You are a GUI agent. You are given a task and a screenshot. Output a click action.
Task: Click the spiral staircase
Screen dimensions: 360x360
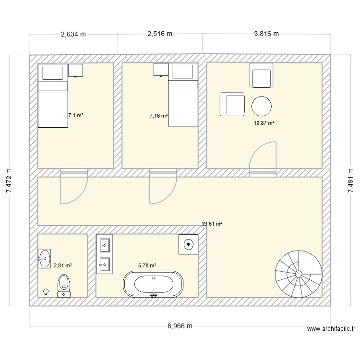[x=298, y=274]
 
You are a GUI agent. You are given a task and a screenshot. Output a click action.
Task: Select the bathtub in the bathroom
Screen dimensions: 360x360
[x=153, y=285]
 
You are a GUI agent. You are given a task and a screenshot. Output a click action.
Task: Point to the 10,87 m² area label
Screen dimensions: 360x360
[x=264, y=123]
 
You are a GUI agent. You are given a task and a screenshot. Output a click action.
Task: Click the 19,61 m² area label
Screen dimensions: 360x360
[x=212, y=224]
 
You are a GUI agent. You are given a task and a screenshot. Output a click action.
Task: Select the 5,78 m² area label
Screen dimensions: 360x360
[x=147, y=265]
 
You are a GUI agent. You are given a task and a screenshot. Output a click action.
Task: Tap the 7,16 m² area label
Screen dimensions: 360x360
[x=158, y=116]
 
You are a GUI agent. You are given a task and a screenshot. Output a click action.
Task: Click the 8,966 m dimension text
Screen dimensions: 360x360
[x=180, y=326]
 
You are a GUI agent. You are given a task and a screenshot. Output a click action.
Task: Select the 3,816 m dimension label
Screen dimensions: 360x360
[x=266, y=34]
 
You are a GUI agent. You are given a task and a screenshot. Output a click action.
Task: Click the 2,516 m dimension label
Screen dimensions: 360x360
[x=160, y=34]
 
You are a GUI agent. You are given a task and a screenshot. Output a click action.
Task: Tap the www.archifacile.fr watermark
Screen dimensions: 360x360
[x=331, y=329]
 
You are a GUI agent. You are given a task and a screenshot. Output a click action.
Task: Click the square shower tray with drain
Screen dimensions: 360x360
[x=189, y=244]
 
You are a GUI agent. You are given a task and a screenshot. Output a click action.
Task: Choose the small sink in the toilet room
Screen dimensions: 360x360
[x=44, y=259]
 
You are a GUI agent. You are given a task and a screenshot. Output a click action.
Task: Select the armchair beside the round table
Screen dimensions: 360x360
[x=232, y=104]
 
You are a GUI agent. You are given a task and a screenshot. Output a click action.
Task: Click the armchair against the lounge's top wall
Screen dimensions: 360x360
[x=262, y=75]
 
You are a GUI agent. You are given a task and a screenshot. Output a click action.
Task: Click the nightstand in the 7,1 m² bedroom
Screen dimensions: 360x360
[x=75, y=70]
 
